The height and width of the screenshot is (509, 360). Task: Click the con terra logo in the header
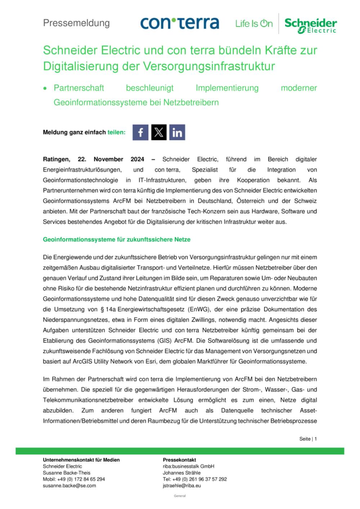point(180,23)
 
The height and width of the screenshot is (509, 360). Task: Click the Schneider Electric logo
point(311,25)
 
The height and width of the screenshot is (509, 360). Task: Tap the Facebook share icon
point(140,132)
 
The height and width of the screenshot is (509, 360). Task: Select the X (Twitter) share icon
point(159,132)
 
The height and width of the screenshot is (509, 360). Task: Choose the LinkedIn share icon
point(177,132)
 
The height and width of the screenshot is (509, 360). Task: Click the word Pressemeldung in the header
point(76,23)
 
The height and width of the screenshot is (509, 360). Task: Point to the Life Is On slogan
point(254,24)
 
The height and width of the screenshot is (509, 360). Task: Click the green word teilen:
point(117,132)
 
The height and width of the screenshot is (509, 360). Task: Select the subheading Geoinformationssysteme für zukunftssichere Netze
point(117,239)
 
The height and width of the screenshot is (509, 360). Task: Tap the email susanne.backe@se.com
point(69,486)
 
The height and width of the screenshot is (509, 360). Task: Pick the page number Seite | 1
point(308,439)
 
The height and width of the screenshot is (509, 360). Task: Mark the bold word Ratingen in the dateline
point(56,159)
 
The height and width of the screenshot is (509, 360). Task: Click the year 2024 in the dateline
point(137,159)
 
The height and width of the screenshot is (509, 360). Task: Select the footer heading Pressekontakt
point(179,460)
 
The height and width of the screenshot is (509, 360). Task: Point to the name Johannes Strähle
point(181,473)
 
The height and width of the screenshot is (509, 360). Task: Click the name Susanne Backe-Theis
point(67,473)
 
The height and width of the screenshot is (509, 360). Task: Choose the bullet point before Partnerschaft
point(45,88)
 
